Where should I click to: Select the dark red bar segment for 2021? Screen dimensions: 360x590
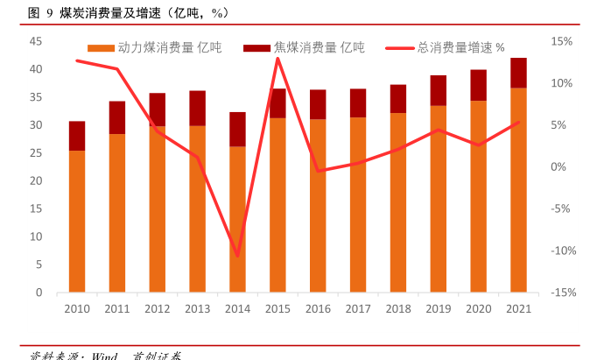coord(518,73)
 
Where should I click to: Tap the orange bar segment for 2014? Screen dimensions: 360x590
coord(237,219)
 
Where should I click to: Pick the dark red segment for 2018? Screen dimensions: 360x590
coord(397,99)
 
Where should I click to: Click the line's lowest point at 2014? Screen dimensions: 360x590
coord(237,256)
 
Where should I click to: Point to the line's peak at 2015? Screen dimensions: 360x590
coord(277,58)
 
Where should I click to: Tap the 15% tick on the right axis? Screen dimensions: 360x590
coord(562,41)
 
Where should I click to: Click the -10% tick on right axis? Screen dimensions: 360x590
coord(560,251)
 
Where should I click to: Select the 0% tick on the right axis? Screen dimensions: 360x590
coord(562,167)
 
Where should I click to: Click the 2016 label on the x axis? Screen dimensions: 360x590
coord(318,308)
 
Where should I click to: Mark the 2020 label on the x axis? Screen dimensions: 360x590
coord(478,308)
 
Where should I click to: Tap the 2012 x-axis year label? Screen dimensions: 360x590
coord(158,308)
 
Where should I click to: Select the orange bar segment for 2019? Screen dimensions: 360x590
coord(438,199)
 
